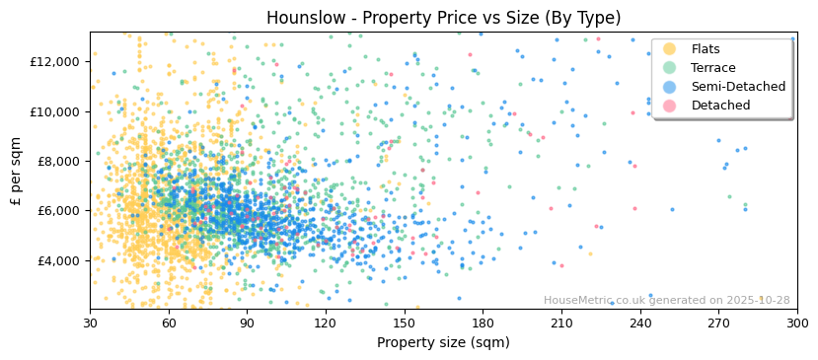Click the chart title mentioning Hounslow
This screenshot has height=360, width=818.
[443, 18]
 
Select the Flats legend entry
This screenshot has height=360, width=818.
[706, 49]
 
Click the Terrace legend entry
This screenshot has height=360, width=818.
[712, 68]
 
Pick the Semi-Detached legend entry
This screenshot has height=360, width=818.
[738, 87]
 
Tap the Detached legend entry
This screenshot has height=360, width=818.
[720, 106]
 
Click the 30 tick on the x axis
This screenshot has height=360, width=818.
[91, 323]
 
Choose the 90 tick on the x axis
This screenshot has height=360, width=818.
[248, 323]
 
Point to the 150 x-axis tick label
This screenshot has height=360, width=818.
[405, 323]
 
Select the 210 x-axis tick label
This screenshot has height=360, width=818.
[561, 323]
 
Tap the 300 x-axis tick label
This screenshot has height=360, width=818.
[796, 323]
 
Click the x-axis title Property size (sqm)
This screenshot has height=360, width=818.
[443, 343]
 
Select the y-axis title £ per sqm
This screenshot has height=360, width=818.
[17, 171]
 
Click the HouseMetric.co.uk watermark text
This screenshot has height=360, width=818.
[666, 301]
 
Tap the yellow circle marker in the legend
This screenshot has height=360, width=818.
[669, 49]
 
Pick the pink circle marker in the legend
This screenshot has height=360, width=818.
[669, 106]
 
